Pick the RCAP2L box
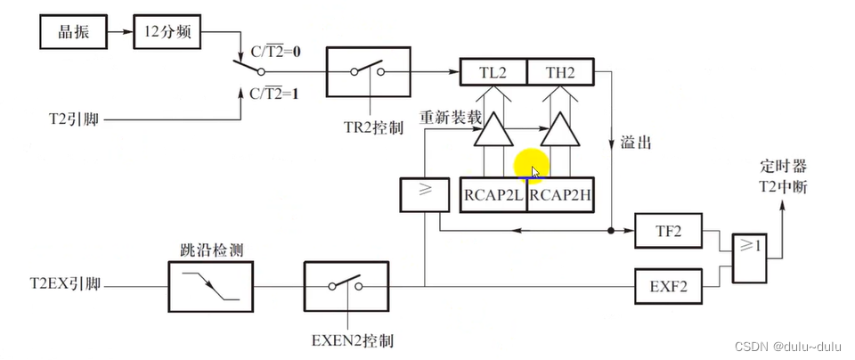coord(493,194)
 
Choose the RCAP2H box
coord(561,194)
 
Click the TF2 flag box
coord(667,230)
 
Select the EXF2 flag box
coord(667,286)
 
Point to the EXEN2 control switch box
coord(346,286)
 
